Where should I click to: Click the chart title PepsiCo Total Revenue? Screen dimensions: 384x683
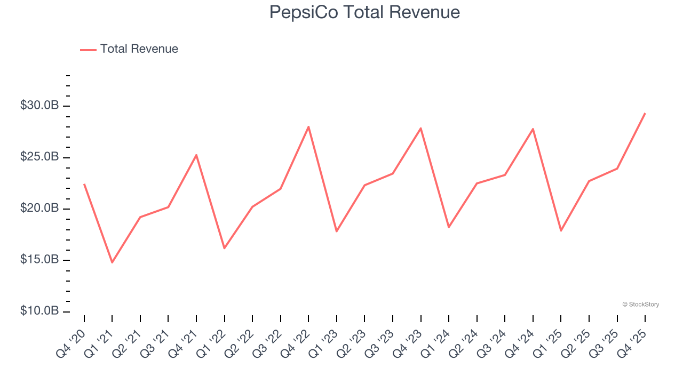coord(364,12)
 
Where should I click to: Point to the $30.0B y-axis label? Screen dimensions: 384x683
coord(39,106)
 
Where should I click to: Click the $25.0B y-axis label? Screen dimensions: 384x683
coord(39,157)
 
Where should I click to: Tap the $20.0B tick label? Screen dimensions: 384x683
coord(39,209)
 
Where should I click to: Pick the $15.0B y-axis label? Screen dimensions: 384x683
coord(39,260)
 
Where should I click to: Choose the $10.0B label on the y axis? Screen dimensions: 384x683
coord(39,311)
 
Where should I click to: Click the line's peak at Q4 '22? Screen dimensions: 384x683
coord(308,126)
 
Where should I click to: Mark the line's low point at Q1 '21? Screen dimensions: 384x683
coord(112,262)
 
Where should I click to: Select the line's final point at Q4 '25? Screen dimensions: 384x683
coord(645,113)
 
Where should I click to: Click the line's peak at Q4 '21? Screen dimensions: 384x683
coord(196,155)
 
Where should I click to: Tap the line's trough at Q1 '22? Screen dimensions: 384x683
coord(224,248)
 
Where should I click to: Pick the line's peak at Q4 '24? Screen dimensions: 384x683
coord(533,129)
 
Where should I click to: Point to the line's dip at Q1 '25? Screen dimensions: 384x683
coord(561,230)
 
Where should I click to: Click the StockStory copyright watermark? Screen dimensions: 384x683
coord(640,305)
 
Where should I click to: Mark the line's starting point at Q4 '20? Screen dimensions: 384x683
coord(84,184)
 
